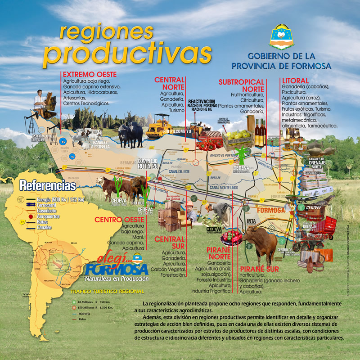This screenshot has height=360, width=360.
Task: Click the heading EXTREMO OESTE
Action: point(90,74)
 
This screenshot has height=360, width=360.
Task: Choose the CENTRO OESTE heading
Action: point(119,220)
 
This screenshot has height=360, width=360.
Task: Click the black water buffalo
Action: point(130,133)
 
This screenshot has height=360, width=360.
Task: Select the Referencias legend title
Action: point(48,185)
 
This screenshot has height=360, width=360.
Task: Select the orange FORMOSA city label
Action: point(272,210)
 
